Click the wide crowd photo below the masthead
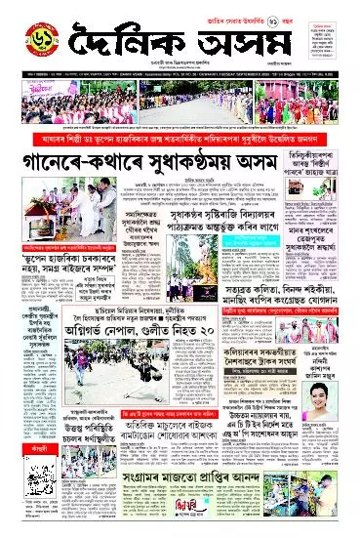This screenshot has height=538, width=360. click(180, 103)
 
